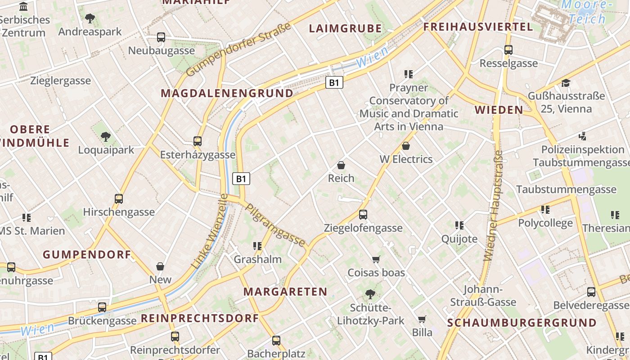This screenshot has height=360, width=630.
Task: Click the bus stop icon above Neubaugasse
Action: pos(161,37)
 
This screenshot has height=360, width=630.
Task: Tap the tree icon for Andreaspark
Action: pos(90,18)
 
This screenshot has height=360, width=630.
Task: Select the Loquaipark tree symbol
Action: pos(106,136)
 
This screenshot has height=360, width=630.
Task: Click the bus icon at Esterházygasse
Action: pos(197,141)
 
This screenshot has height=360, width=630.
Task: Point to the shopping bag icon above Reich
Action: pos(341,165)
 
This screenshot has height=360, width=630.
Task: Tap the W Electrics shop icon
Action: pos(406,146)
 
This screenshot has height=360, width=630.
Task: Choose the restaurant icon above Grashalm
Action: pos(257,246)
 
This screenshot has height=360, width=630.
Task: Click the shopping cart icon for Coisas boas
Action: pos(376,259)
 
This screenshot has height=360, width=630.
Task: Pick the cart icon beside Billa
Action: pos(422,319)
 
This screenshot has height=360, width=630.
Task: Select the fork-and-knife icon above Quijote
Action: pos(459,225)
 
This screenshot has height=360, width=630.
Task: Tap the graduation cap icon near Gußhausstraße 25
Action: pos(566,83)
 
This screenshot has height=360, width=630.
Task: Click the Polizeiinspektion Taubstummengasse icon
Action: pos(583,136)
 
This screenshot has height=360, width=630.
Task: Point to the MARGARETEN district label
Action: pos(285,292)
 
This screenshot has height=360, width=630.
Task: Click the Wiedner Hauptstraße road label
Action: pos(494,206)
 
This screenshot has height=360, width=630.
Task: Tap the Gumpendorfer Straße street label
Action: pos(238,50)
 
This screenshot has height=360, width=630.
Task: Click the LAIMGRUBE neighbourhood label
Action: pos(345,29)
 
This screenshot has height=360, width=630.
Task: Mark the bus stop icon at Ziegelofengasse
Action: pos(363,215)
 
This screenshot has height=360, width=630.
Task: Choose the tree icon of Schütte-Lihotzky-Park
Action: pos(370,294)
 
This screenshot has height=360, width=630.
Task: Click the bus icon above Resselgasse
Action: pos(508,50)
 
